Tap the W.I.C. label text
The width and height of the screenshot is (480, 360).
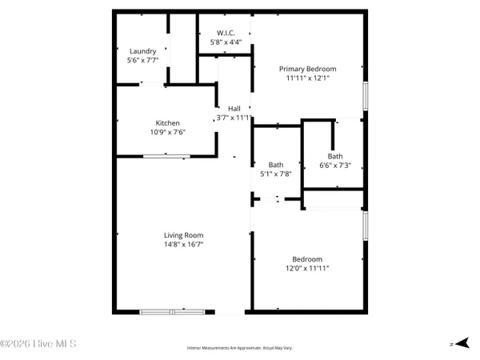pyautogui.click(x=224, y=33)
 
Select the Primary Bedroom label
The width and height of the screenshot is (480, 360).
pyautogui.click(x=307, y=69)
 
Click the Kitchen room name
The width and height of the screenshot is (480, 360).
pyautogui.click(x=157, y=122)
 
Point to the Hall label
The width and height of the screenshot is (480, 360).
pyautogui.click(x=234, y=108)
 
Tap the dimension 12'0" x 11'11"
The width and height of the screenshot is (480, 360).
pyautogui.click(x=307, y=269)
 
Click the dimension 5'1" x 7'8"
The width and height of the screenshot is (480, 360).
pyautogui.click(x=275, y=174)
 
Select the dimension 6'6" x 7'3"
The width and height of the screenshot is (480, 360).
pyautogui.click(x=335, y=166)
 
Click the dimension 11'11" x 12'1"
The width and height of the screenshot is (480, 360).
pyautogui.click(x=307, y=78)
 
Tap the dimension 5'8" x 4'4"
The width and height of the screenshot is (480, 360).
pyautogui.click(x=224, y=42)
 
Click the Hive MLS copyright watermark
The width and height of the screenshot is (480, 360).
pyautogui.click(x=38, y=344)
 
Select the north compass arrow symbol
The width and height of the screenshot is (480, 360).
pyautogui.click(x=458, y=342)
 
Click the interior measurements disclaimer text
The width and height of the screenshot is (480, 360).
pyautogui.click(x=240, y=348)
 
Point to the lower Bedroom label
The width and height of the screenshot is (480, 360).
pyautogui.click(x=307, y=259)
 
